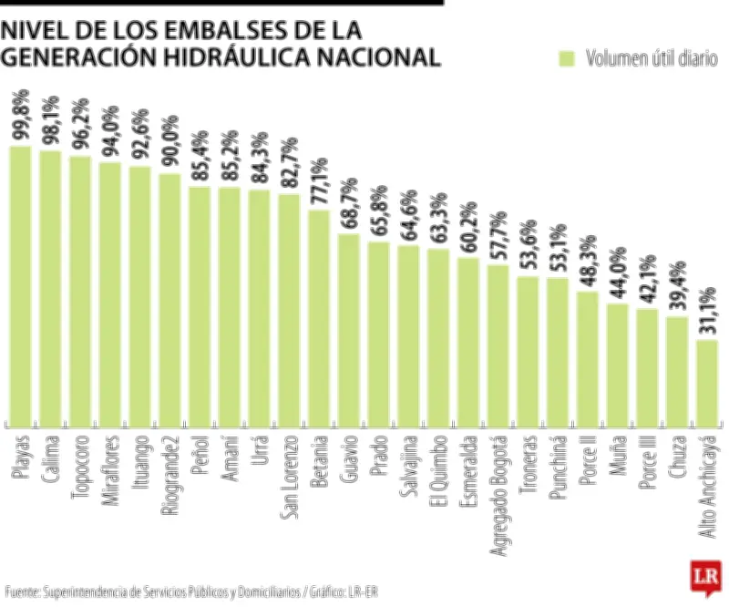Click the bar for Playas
click(20, 284)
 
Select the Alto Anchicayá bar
click(707, 382)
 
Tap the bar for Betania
click(319, 317)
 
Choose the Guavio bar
click(349, 329)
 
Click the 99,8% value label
click(20, 115)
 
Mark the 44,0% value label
click(617, 275)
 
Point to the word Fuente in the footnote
click(22, 592)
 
